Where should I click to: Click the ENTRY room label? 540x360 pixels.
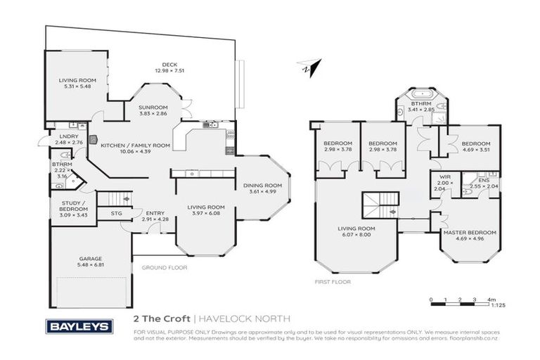coord(155,213)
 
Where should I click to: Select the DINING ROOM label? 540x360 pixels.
coord(262,186)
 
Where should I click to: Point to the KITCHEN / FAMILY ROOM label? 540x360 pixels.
coord(136,146)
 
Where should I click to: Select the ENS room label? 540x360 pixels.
coord(483,181)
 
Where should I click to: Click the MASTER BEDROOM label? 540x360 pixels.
coord(469,232)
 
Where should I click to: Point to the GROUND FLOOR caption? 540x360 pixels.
coord(165,267)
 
